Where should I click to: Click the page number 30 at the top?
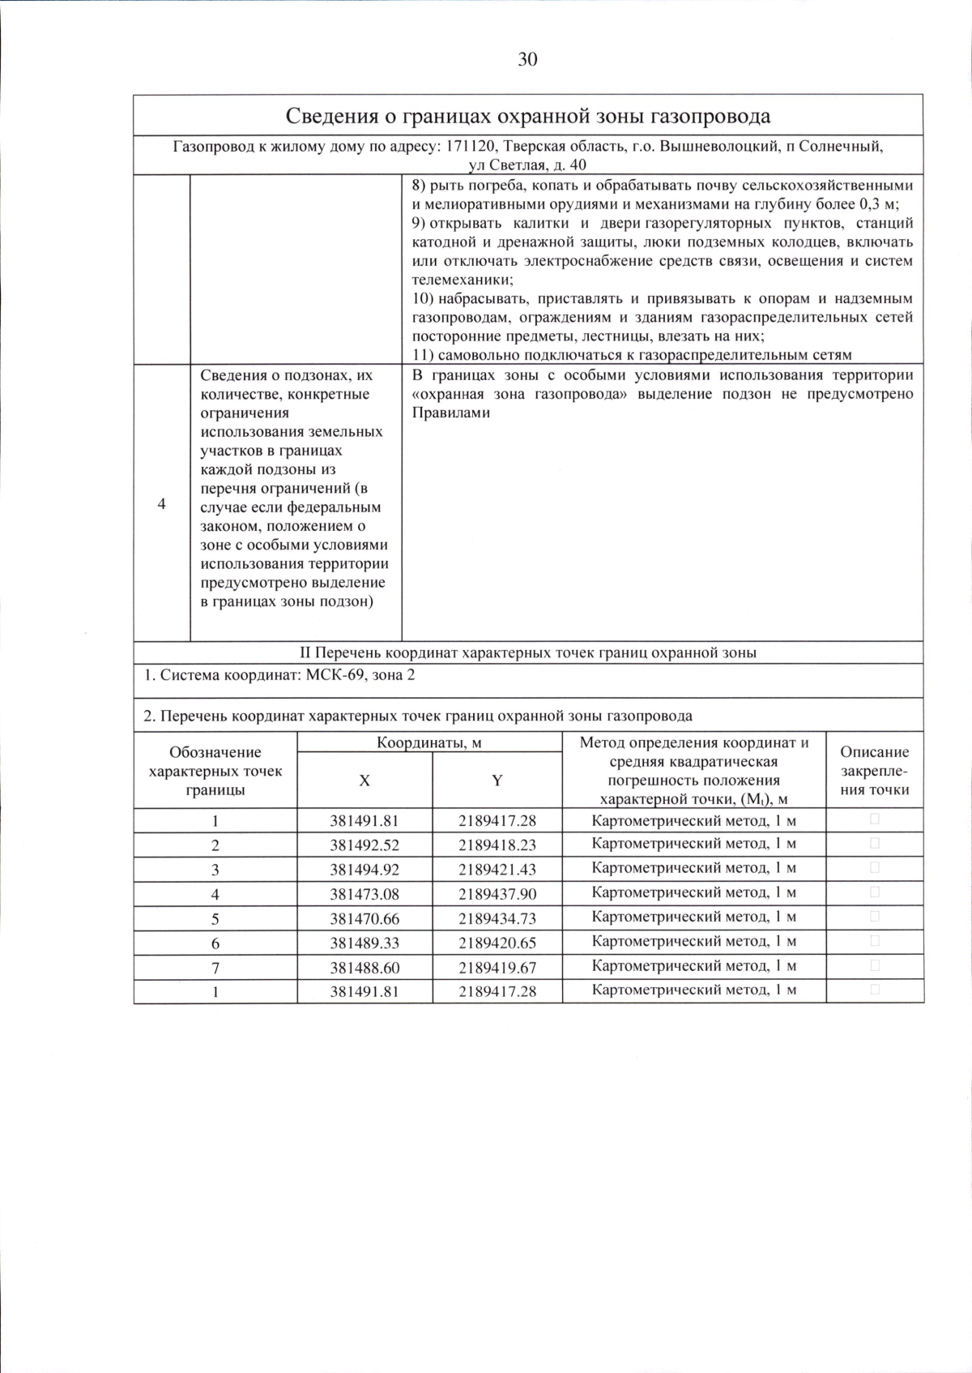click(526, 60)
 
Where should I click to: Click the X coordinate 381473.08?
click(364, 894)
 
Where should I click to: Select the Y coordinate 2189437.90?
click(497, 894)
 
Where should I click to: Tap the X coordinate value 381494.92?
click(364, 870)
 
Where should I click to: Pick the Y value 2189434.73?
click(497, 918)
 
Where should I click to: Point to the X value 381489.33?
click(364, 943)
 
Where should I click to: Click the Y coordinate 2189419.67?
click(497, 967)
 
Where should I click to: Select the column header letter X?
click(364, 780)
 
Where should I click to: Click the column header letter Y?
click(497, 780)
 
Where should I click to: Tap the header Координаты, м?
click(429, 742)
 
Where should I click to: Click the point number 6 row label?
click(215, 943)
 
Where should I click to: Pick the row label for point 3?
click(215, 870)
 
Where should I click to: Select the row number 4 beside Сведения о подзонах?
click(162, 503)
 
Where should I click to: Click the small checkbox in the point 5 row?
click(875, 917)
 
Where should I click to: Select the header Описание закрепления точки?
click(875, 770)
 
